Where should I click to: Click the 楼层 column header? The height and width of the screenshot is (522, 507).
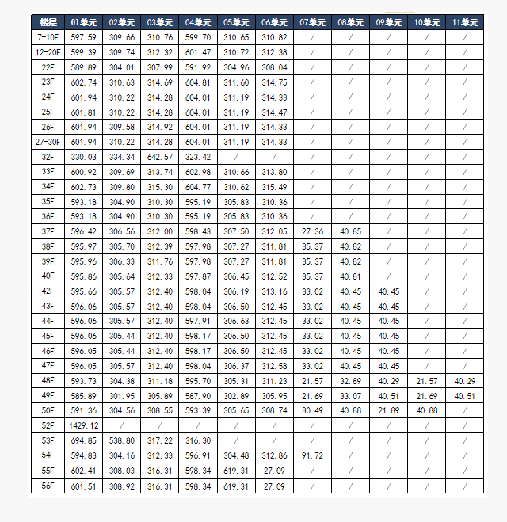(x=48, y=22)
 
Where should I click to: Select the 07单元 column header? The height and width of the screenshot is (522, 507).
(x=313, y=22)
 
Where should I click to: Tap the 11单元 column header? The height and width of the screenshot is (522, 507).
(x=465, y=22)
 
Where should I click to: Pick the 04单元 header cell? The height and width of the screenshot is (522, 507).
(x=198, y=22)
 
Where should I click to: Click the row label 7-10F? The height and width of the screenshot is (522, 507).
(x=48, y=37)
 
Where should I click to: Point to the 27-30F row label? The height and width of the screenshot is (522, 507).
(x=48, y=142)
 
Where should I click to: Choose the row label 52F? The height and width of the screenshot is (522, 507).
(x=48, y=425)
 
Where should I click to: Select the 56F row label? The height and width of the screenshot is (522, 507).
(x=48, y=486)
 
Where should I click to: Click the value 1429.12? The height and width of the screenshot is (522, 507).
(x=84, y=425)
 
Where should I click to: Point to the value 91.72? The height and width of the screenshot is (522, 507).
(x=313, y=455)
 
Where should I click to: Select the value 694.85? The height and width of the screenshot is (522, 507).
(x=84, y=440)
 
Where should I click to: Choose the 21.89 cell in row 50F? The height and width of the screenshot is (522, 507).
(x=389, y=410)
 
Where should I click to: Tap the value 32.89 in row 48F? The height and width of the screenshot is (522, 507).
(x=351, y=381)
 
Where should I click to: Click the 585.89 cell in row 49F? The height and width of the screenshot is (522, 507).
(x=84, y=396)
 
